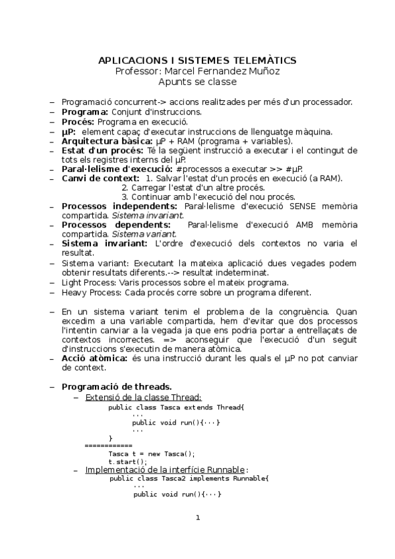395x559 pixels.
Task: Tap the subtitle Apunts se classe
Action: (x=197, y=82)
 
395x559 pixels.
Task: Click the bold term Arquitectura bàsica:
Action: (x=106, y=141)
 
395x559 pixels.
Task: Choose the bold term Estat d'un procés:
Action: (x=101, y=151)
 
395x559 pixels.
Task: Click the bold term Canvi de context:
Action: (x=100, y=179)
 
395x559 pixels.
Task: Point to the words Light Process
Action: (x=84, y=283)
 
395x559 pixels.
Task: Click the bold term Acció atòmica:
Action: (x=94, y=358)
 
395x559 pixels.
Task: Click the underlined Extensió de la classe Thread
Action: (x=143, y=397)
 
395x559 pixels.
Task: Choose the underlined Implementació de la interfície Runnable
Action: (x=165, y=469)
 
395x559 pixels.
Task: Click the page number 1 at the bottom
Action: (x=197, y=517)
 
